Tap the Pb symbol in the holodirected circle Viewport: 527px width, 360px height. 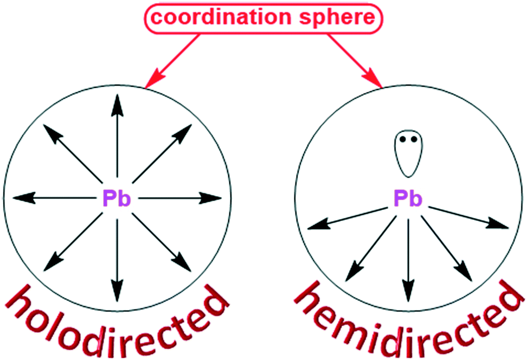pyautogui.click(x=117, y=199)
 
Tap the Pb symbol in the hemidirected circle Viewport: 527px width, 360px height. pyautogui.click(x=408, y=199)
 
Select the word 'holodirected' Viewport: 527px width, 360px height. pyautogui.click(x=117, y=320)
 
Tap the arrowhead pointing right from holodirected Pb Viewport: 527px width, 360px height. pyautogui.click(x=212, y=198)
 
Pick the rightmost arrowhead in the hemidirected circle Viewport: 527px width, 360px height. pyautogui.click(x=499, y=224)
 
